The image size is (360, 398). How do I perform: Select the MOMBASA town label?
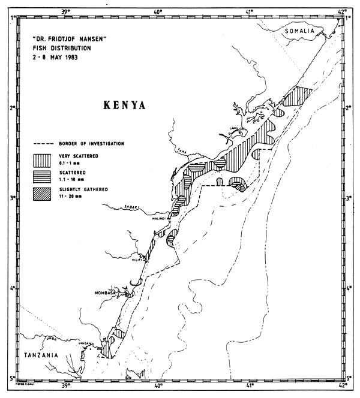coord(108,293)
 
